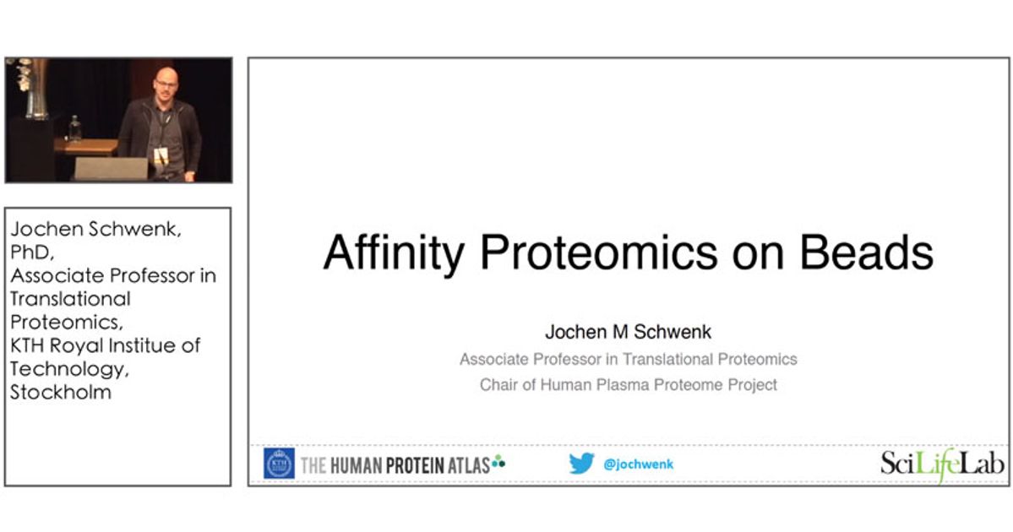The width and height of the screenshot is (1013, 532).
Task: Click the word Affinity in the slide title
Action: [x=389, y=252]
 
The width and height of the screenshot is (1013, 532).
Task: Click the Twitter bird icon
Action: [x=581, y=464]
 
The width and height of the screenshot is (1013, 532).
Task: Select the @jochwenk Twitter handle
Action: [x=639, y=464]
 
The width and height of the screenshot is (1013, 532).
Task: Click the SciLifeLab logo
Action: [x=942, y=464]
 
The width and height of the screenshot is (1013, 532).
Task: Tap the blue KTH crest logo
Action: [x=280, y=464]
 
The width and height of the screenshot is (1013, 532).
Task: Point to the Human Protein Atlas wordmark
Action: [x=395, y=464]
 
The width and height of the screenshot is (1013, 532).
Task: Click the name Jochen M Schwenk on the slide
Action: [x=628, y=333]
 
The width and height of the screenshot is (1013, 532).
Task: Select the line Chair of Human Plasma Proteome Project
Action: [x=628, y=385]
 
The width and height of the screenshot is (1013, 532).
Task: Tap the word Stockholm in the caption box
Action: [x=60, y=392]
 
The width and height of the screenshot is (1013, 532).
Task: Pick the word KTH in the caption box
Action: [x=30, y=345]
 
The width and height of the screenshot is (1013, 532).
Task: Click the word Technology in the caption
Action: [x=68, y=368]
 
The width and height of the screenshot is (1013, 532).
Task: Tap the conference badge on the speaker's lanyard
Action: [x=161, y=157]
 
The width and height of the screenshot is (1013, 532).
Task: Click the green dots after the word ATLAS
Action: [x=498, y=461]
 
